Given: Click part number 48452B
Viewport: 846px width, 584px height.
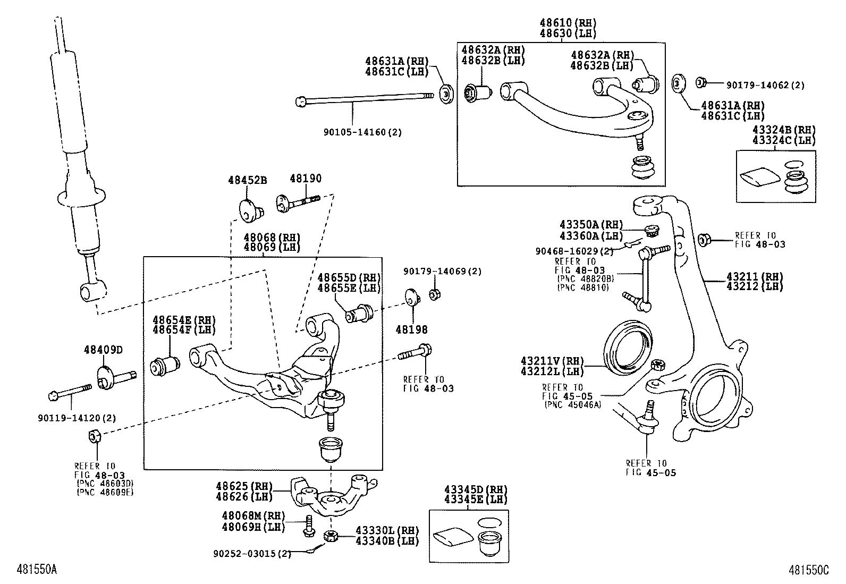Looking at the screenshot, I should pyautogui.click(x=247, y=180).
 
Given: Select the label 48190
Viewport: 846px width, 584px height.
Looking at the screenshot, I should pyautogui.click(x=306, y=179).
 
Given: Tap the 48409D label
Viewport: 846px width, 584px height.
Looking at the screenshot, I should pyautogui.click(x=103, y=350).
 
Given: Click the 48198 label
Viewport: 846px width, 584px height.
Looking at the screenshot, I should pyautogui.click(x=411, y=330).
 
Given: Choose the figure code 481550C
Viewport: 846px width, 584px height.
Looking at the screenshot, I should pyautogui.click(x=809, y=570).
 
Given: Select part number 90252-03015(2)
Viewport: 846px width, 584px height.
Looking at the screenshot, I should pyautogui.click(x=252, y=554).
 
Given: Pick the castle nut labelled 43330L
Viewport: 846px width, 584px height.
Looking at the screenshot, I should pyautogui.click(x=331, y=536).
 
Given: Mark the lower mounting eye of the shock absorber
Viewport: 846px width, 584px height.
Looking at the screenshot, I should pyautogui.click(x=92, y=291).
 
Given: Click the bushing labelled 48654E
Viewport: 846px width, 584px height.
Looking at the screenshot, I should pyautogui.click(x=165, y=366).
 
